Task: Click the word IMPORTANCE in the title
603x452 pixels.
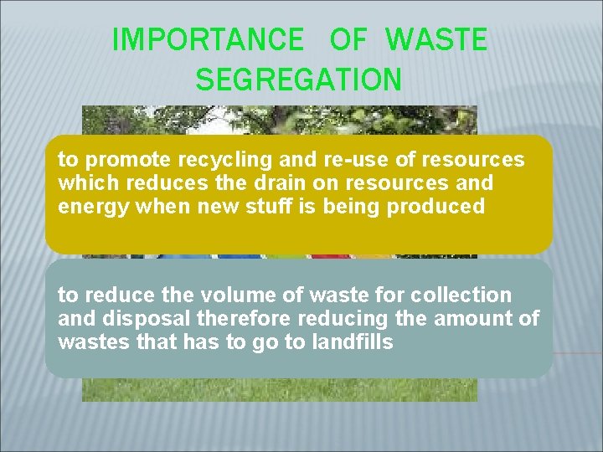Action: point(208,39)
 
